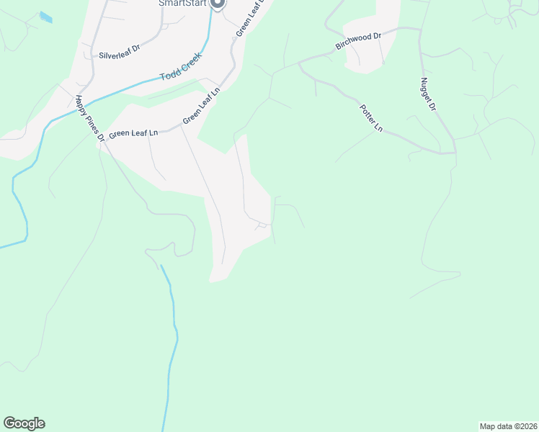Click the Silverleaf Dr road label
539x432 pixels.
[x=118, y=55]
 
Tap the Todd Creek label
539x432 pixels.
[x=180, y=66]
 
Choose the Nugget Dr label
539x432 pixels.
[x=429, y=94]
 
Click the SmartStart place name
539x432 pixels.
[x=182, y=3]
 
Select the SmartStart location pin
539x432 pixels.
[x=218, y=4]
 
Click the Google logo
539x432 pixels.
[x=24, y=423]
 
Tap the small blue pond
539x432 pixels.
[x=45, y=17]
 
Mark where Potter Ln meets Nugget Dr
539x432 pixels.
[x=455, y=152]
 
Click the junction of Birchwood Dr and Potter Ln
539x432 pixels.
[x=299, y=63]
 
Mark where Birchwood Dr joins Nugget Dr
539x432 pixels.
[x=420, y=30]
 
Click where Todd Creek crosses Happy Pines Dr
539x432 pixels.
[x=75, y=104]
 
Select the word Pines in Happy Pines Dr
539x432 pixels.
[x=91, y=117]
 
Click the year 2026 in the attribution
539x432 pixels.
[x=527, y=426]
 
